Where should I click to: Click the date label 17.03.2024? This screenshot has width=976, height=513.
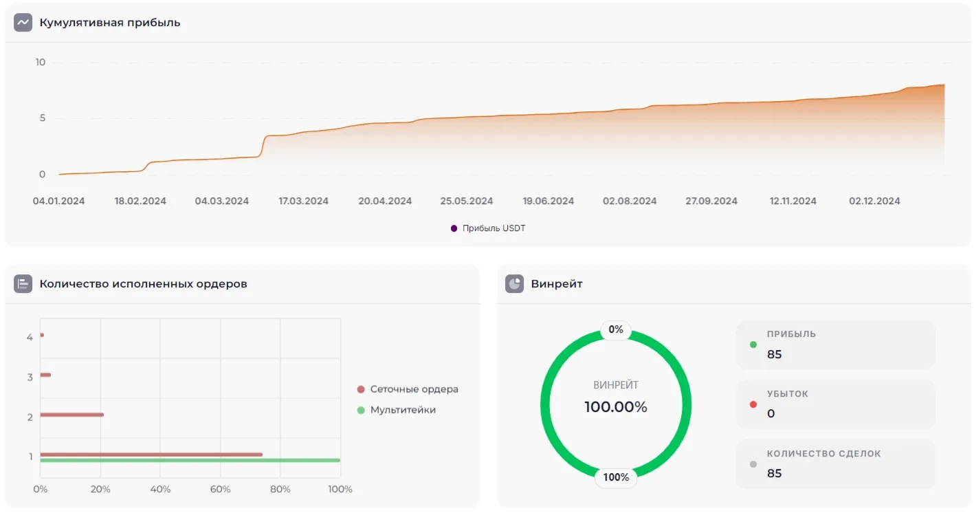click(303, 201)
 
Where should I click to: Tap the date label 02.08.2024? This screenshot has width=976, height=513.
click(630, 201)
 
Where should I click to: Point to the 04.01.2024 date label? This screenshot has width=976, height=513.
click(59, 201)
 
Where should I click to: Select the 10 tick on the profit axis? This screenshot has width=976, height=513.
click(41, 63)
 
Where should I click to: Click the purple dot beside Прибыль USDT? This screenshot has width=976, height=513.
click(454, 228)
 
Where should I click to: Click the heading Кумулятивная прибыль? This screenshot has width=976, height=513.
click(110, 23)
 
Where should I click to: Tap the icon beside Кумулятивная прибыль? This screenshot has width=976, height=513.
click(23, 23)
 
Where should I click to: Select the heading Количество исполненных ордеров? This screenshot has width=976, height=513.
click(143, 283)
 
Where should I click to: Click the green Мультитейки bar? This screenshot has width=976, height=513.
click(190, 460)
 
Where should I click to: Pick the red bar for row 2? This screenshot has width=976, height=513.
click(71, 415)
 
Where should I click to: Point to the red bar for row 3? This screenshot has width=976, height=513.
click(45, 375)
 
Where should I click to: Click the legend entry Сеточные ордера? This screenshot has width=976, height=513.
click(414, 389)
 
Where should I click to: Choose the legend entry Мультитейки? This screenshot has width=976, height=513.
click(403, 410)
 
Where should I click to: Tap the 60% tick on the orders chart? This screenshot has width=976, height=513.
click(220, 490)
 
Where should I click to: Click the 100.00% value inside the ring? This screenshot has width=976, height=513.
click(616, 407)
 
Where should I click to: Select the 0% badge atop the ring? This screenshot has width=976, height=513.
click(616, 330)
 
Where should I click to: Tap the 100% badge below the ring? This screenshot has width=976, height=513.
click(616, 477)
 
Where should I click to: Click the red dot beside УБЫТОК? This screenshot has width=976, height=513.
click(753, 404)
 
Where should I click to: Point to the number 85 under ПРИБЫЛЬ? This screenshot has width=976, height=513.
click(775, 355)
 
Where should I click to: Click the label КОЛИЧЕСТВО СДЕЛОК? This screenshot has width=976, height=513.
click(823, 454)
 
